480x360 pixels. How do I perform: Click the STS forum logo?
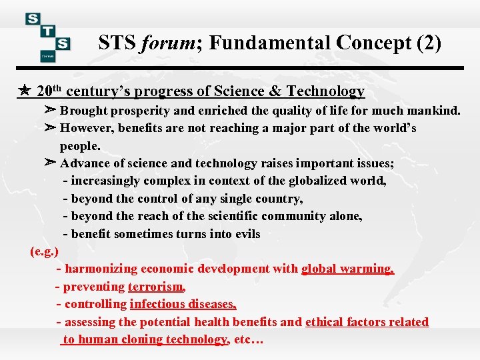[48, 37]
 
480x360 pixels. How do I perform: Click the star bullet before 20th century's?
[24, 91]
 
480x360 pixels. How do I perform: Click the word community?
[300, 216]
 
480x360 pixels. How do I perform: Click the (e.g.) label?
[45, 251]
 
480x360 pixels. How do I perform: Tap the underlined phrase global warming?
[347, 269]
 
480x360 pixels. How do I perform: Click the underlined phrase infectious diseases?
[183, 304]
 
